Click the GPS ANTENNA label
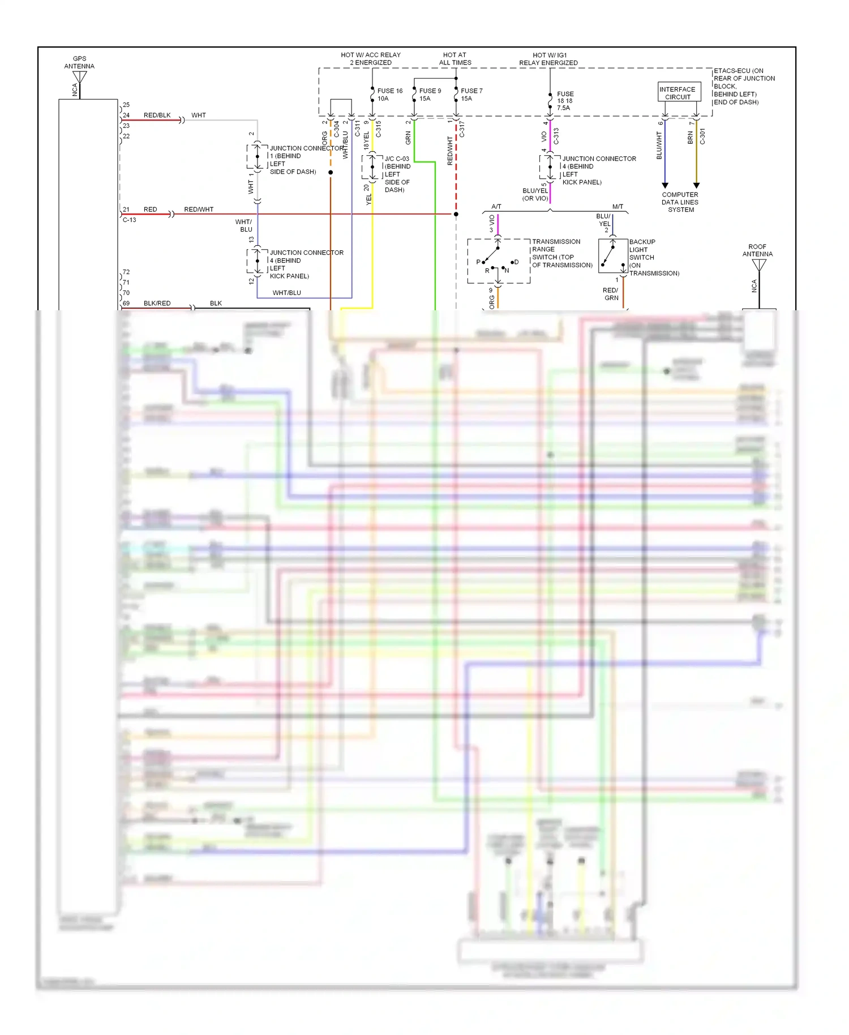tap(79, 62)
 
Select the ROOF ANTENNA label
tap(757, 250)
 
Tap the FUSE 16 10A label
tap(389, 95)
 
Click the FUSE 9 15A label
tap(430, 95)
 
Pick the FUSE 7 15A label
tap(471, 95)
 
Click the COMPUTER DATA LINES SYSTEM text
tap(680, 202)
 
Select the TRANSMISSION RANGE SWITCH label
tap(561, 253)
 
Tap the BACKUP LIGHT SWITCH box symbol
tap(613, 256)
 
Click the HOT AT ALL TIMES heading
tap(455, 59)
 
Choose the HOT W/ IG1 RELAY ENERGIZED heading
tap(548, 59)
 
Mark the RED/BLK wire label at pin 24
tap(157, 115)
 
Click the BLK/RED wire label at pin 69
tap(157, 303)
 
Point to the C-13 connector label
tap(129, 220)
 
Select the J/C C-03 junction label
tap(397, 159)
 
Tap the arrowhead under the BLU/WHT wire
tap(665, 185)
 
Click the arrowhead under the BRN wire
tap(697, 185)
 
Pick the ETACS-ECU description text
tap(744, 87)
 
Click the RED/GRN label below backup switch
tap(611, 294)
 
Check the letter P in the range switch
tap(478, 262)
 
